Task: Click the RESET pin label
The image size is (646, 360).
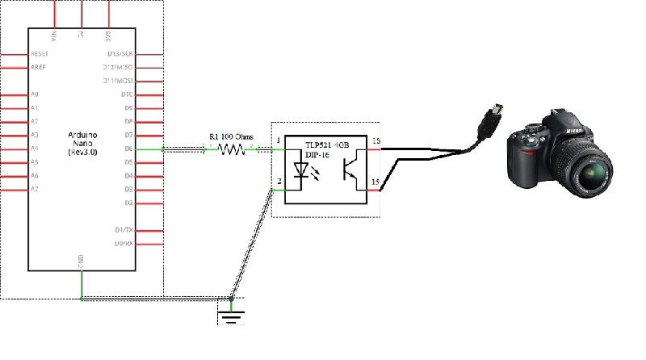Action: click(x=40, y=53)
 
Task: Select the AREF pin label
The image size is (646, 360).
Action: click(x=38, y=67)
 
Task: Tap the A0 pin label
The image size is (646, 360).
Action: click(x=34, y=94)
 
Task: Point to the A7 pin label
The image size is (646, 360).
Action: click(x=34, y=189)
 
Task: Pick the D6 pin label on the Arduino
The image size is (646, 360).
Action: click(x=128, y=149)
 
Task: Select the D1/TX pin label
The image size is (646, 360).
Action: click(x=124, y=230)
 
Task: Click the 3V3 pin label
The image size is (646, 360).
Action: click(x=107, y=35)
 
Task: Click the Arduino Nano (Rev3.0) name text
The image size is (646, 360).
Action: click(x=82, y=141)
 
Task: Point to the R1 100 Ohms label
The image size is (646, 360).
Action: click(x=231, y=137)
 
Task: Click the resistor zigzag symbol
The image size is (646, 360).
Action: click(x=233, y=149)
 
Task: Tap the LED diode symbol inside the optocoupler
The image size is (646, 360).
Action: click(x=303, y=171)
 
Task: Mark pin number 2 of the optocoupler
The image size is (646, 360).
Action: click(x=279, y=182)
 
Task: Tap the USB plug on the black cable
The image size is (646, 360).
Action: click(x=492, y=116)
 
